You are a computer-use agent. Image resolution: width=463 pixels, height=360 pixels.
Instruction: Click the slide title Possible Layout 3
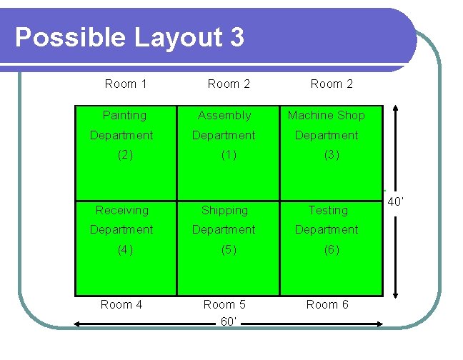129,38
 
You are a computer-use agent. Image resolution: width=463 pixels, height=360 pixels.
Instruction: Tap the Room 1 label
125,84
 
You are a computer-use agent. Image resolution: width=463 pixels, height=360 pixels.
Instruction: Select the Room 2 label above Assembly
229,84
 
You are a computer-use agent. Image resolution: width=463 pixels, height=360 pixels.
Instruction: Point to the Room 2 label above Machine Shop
332,84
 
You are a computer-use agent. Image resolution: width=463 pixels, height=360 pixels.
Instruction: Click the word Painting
124,115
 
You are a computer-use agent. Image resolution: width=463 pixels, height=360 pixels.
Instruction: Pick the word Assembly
224,115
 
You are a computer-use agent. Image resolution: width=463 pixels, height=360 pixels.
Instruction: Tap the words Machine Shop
326,115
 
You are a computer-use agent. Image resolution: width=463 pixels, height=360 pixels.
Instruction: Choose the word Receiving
122,210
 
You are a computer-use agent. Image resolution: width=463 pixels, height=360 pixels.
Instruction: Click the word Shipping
224,210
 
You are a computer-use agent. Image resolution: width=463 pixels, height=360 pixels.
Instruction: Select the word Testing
328,210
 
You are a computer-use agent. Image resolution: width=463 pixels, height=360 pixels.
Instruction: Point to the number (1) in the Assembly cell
229,154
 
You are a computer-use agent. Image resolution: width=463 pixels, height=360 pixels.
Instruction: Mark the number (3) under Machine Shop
332,154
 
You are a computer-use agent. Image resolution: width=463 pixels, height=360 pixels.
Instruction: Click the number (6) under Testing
332,250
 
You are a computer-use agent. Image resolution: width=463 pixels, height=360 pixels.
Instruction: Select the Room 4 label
121,304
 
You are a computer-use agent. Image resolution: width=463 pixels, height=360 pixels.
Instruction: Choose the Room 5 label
224,304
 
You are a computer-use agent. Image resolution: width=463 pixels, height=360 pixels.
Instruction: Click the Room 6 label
327,304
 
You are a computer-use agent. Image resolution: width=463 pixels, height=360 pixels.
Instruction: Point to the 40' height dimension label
396,201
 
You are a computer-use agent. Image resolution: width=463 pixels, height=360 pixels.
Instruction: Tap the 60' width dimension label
229,322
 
